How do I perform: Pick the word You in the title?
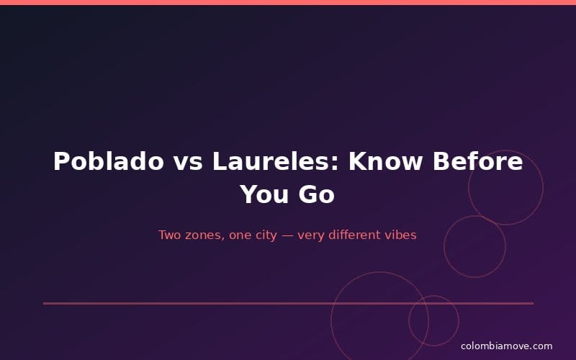[x=261, y=194]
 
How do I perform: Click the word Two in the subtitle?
[x=169, y=235]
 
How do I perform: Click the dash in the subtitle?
[x=286, y=235]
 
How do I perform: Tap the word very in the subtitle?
[x=307, y=235]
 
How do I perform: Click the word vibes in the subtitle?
[x=400, y=235]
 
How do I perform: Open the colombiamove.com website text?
[x=506, y=346]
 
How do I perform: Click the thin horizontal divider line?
[x=216, y=303]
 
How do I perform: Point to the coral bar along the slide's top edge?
[x=288, y=2]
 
